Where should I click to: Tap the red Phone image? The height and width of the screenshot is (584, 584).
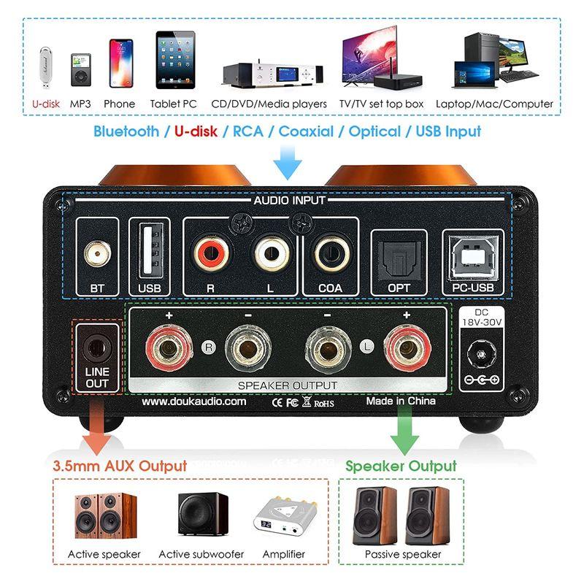[120, 64]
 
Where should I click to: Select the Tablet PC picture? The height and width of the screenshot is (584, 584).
[174, 64]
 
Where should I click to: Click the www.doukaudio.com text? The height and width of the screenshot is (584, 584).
[194, 401]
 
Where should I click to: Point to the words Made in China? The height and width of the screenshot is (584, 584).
[400, 401]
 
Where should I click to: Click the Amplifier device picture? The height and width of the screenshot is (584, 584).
[283, 519]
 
